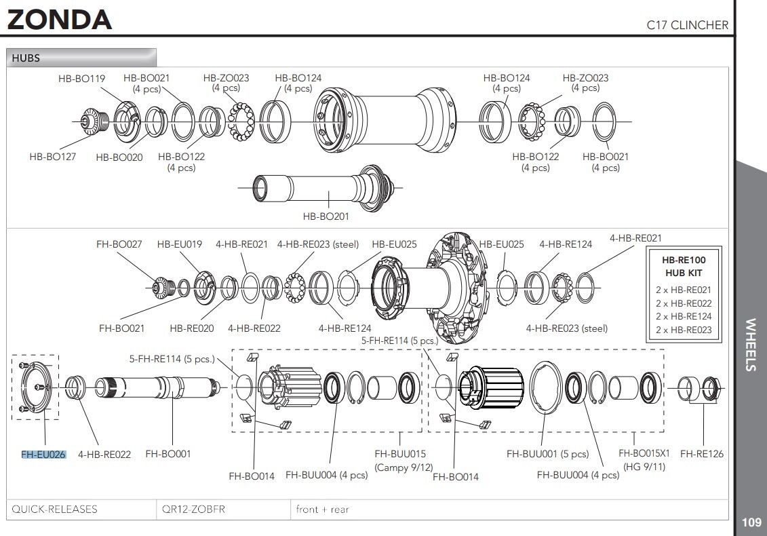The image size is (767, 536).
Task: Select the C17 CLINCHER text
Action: click(x=687, y=25)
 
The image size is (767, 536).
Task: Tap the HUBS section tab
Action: click(x=26, y=58)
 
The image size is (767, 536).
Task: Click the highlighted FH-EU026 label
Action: click(x=43, y=454)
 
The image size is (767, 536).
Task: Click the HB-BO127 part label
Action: click(x=52, y=156)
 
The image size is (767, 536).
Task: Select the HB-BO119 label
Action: click(x=81, y=78)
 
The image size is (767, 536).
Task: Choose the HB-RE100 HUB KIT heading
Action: click(x=683, y=266)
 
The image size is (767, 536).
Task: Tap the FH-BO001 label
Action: click(x=168, y=454)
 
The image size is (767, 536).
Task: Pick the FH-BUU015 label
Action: click(x=400, y=453)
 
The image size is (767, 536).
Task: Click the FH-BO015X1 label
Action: click(x=644, y=453)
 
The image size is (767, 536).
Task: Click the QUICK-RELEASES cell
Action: click(x=55, y=509)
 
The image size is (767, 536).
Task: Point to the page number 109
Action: click(x=751, y=522)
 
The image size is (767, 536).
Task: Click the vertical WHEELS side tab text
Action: click(x=751, y=345)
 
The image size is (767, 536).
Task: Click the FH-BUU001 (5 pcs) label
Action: click(x=548, y=454)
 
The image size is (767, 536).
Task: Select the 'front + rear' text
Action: click(x=322, y=509)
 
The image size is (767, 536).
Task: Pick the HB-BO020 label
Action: click(x=119, y=157)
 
